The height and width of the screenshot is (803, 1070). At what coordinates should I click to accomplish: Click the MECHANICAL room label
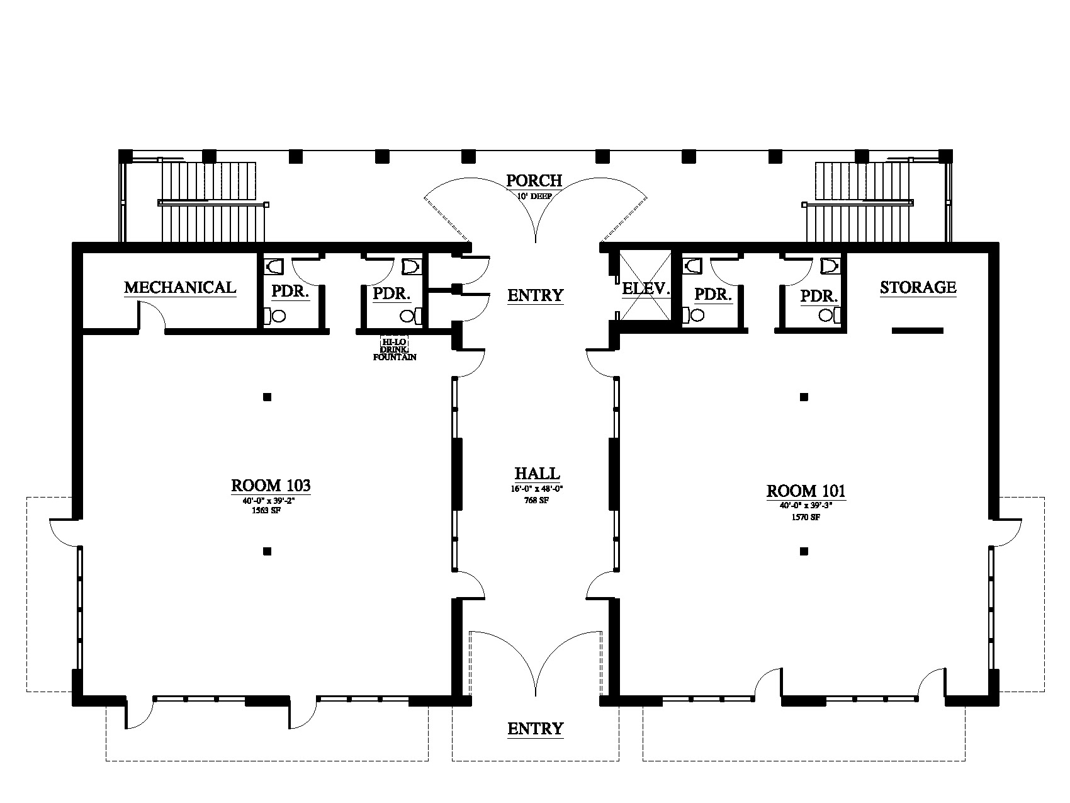(180, 288)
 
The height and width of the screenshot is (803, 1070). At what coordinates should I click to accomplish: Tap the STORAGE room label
(918, 288)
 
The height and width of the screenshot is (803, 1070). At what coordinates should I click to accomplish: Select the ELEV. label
(645, 289)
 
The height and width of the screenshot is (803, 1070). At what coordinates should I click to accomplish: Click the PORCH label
(534, 181)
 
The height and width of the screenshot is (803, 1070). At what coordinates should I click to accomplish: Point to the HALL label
(537, 474)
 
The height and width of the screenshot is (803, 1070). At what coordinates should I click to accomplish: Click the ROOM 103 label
(271, 486)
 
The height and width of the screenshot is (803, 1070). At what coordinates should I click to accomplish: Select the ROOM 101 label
(806, 491)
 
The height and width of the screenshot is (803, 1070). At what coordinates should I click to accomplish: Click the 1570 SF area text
(806, 517)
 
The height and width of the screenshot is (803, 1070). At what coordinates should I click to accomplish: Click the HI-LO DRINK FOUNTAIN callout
(395, 350)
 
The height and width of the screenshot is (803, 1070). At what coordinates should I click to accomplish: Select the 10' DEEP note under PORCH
(535, 196)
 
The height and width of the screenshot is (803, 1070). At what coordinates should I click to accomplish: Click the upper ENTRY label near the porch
(535, 295)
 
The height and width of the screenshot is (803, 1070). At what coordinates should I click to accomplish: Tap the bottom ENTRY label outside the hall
(535, 729)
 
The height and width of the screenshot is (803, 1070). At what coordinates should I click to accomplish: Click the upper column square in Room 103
(267, 397)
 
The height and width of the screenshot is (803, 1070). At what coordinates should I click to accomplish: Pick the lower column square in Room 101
(804, 552)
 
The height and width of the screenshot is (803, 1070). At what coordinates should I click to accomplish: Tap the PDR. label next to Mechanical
(290, 292)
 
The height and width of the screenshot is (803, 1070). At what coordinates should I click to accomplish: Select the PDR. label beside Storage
(819, 295)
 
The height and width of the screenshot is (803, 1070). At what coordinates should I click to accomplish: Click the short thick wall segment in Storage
(917, 330)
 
